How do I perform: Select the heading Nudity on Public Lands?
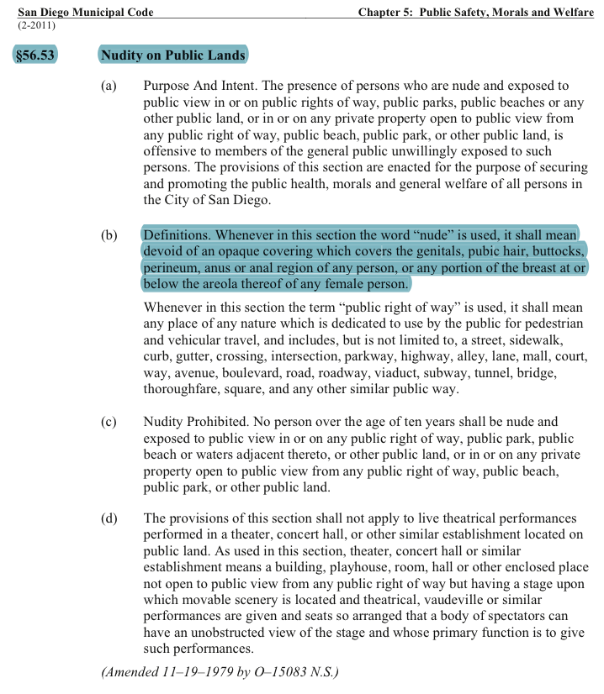(172, 56)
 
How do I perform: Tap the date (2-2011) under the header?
(36, 24)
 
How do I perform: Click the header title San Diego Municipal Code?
(85, 12)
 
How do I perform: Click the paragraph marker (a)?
(109, 87)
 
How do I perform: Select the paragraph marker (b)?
(109, 235)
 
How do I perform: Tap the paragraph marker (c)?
(109, 422)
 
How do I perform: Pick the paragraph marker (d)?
(109, 518)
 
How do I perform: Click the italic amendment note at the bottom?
(220, 672)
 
